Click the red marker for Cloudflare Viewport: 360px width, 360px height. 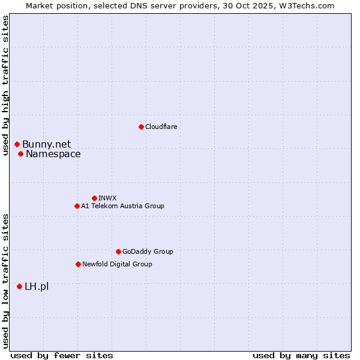click(141, 127)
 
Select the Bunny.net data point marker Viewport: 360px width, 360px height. click(17, 144)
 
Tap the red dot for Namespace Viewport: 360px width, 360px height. click(20, 154)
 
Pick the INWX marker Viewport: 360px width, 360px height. click(94, 198)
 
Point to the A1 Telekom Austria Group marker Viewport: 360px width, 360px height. click(77, 206)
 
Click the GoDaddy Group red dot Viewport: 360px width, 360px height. click(118, 251)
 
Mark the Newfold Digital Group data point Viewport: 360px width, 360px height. click(78, 264)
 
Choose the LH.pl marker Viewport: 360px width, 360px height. click(19, 287)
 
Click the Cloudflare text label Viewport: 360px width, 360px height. click(161, 127)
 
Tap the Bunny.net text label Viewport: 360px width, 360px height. click(46, 144)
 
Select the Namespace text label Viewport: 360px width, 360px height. click(53, 154)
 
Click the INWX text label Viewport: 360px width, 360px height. click(107, 198)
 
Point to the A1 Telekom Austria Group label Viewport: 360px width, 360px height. click(122, 206)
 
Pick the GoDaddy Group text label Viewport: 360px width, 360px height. click(148, 251)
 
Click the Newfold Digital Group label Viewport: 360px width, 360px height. click(117, 264)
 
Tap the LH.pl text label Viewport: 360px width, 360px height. click(37, 287)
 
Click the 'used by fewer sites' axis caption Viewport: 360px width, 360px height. click(62, 355)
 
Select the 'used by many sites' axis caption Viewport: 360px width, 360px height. click(301, 355)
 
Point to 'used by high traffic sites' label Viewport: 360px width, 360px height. click(6, 85)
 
